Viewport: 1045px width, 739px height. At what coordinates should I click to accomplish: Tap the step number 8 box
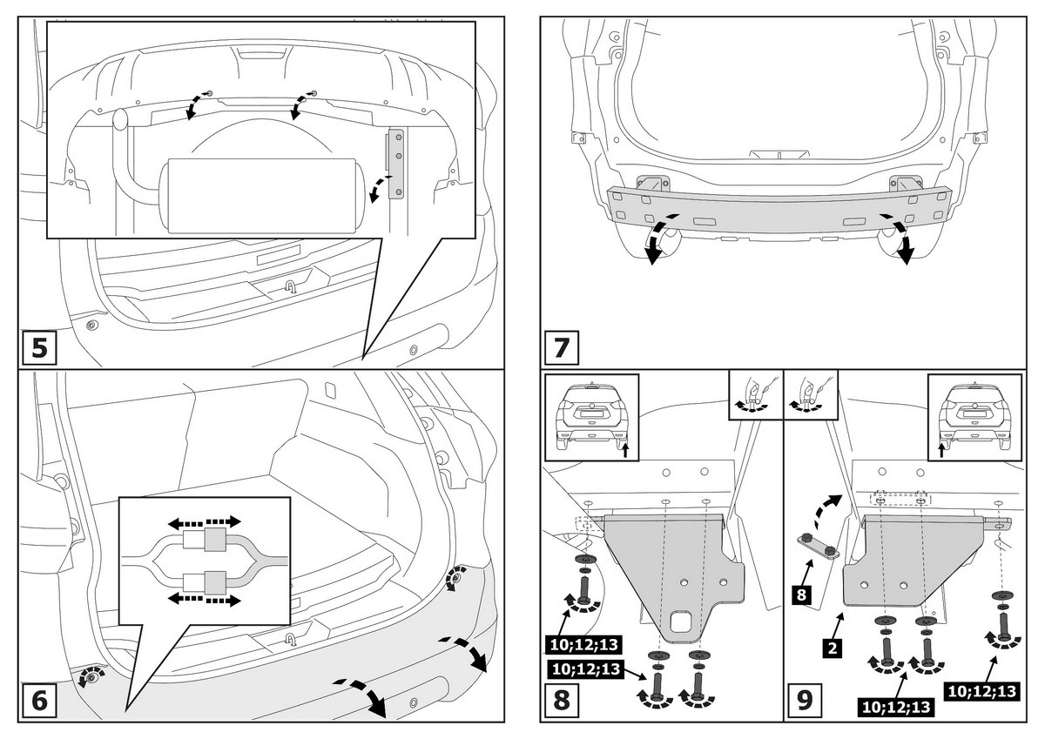click(562, 699)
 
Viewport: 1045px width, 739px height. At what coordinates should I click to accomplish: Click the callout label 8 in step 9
click(803, 595)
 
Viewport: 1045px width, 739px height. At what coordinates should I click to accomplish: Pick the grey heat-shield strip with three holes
click(396, 165)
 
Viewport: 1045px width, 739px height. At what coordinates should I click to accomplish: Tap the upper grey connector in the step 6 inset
click(215, 541)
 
